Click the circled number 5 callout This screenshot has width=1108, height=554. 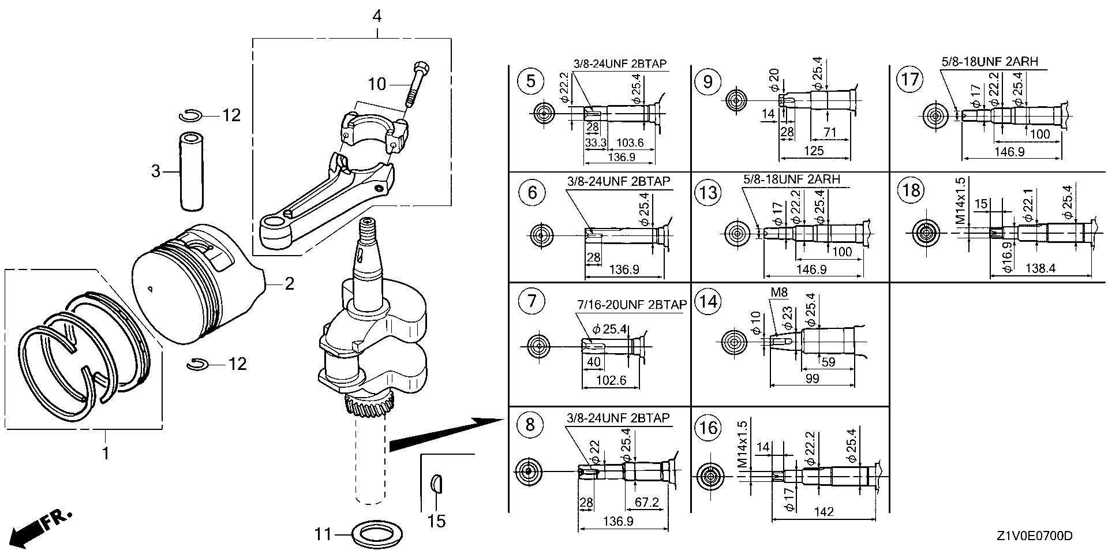530,81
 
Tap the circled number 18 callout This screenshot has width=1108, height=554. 910,190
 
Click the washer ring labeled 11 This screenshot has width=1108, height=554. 377,535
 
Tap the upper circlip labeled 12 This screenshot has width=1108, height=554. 189,116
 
